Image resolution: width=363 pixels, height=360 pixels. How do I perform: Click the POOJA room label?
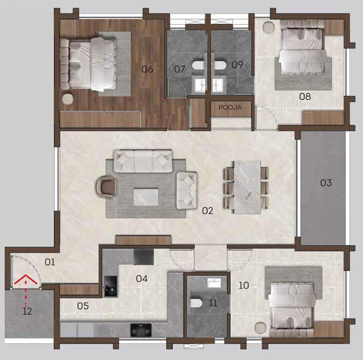click(x=230, y=108)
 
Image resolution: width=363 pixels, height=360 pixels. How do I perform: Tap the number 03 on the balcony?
click(x=326, y=183)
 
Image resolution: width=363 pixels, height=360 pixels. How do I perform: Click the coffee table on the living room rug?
click(x=146, y=197)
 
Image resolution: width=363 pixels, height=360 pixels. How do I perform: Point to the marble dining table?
click(x=247, y=187)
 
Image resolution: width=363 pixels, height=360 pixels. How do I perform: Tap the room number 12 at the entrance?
click(x=27, y=311)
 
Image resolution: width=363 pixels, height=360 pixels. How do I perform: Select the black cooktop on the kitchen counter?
click(x=141, y=330)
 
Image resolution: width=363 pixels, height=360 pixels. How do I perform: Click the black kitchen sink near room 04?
click(x=111, y=287)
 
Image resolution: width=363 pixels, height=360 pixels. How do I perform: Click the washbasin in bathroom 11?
click(x=215, y=283)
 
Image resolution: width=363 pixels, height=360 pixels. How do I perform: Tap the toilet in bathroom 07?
click(x=198, y=65)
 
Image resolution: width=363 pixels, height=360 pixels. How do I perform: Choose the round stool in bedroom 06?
click(x=67, y=99)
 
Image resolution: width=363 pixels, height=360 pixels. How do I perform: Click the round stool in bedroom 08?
click(x=269, y=27)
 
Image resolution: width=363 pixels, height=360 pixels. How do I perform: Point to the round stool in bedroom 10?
click(x=260, y=328)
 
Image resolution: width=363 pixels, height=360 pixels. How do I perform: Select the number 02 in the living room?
click(x=207, y=211)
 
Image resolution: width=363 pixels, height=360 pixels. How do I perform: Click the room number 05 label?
click(x=83, y=306)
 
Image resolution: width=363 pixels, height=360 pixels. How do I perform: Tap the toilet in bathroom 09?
click(x=220, y=65)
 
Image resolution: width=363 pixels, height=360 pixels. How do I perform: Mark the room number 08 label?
click(x=305, y=97)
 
